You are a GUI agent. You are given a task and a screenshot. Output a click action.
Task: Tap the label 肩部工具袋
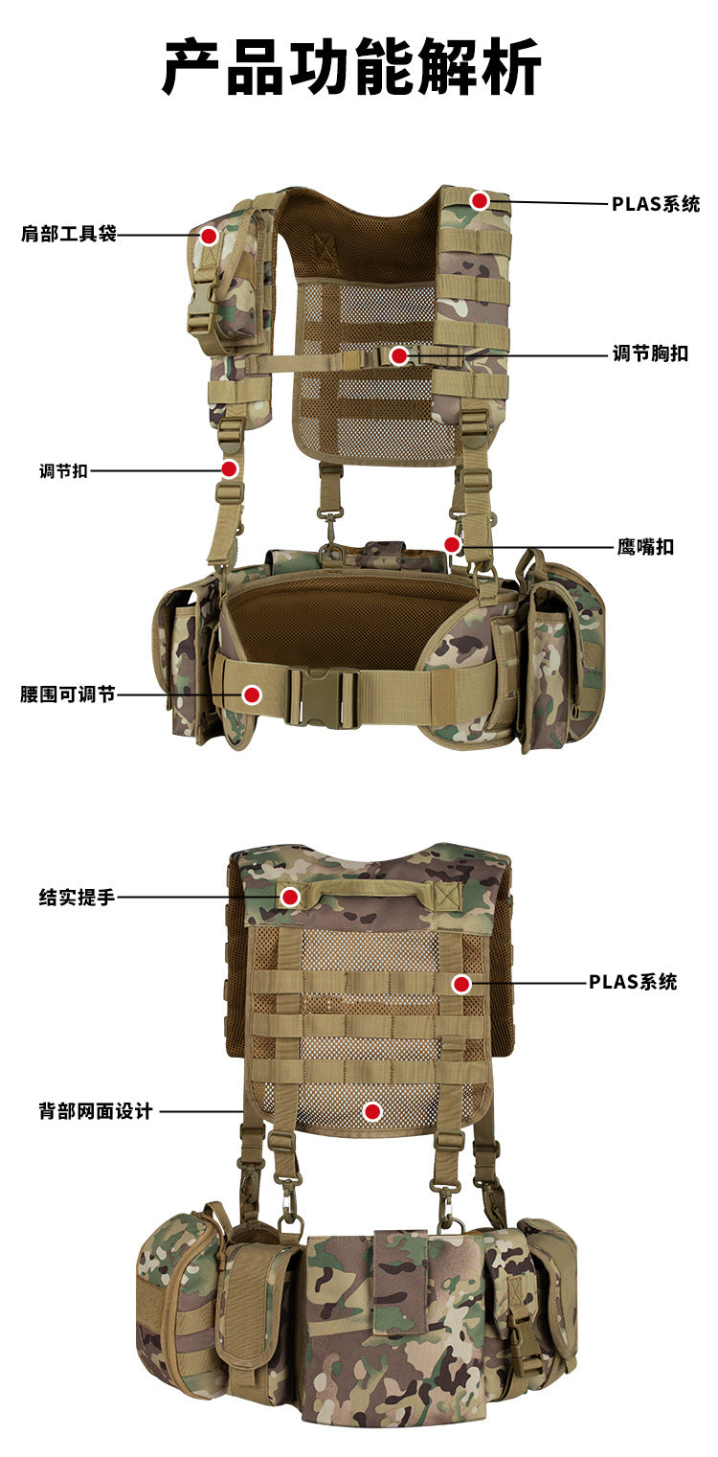(69, 234)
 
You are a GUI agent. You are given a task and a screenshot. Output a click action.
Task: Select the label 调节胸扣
(650, 353)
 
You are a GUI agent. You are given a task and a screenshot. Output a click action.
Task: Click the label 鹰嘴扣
(645, 547)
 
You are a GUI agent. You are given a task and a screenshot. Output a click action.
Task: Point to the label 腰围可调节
(68, 694)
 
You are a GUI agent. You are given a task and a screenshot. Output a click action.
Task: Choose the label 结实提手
(77, 898)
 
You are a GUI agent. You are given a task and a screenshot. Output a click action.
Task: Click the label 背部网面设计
(96, 1111)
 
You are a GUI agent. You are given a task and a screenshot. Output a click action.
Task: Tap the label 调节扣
(63, 471)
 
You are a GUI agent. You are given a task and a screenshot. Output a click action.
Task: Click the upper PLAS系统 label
(656, 204)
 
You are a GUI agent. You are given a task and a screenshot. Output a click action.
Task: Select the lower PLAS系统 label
(633, 982)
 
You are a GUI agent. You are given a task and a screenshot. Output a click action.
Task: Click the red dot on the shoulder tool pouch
(209, 236)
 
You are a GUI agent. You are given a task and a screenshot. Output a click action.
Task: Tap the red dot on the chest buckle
(399, 355)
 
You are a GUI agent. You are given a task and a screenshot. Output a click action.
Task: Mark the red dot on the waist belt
(252, 694)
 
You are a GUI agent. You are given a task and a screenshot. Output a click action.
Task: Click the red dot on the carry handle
(290, 898)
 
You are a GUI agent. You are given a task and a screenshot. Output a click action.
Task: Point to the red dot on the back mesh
(372, 1112)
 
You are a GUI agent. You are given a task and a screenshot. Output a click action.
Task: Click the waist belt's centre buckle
(323, 698)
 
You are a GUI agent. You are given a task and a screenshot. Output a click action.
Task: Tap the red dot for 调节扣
(230, 469)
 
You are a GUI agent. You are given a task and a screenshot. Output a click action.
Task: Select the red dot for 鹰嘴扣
(452, 544)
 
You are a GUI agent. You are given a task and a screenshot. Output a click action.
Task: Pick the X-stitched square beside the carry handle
(448, 897)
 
